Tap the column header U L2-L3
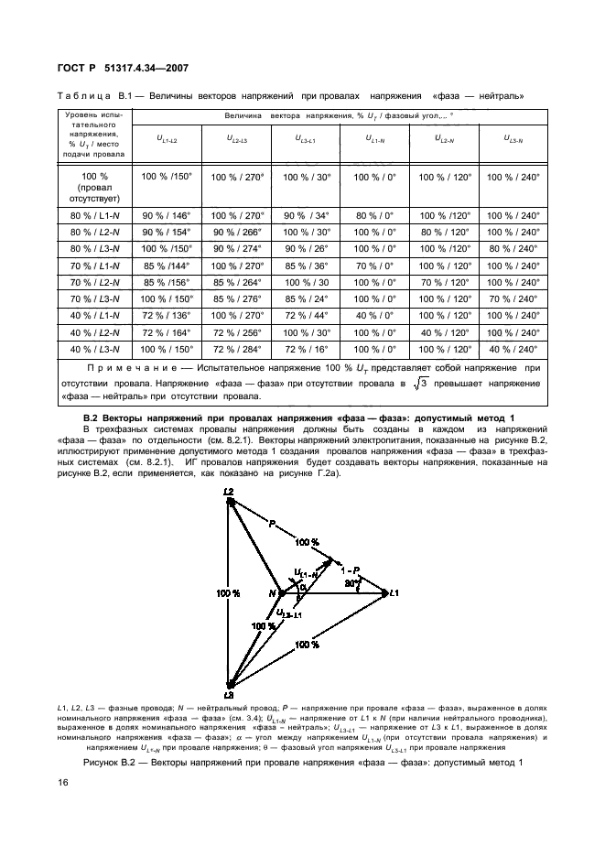tap(235, 139)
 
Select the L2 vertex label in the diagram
tap(230, 492)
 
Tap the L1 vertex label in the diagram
tap(394, 593)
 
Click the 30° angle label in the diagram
tap(349, 583)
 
